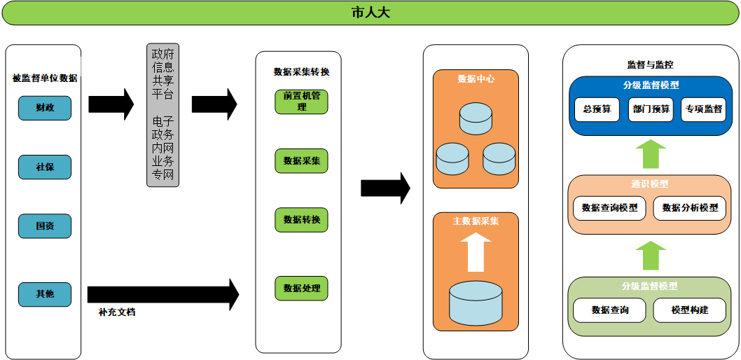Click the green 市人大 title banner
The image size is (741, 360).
tap(370, 13)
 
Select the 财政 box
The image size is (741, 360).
tap(45, 108)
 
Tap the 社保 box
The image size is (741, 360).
tap(45, 167)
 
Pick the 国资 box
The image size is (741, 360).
tap(45, 226)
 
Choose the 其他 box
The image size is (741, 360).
tap(45, 294)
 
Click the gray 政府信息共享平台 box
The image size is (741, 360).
tap(162, 116)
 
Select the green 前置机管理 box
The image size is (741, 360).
tap(301, 102)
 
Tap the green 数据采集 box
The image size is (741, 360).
tap(301, 160)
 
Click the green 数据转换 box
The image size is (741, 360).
tap(301, 220)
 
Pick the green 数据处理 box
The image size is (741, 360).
tap(301, 288)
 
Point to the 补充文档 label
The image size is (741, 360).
tap(117, 312)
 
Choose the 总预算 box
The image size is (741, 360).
tap(597, 109)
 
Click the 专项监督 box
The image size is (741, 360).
tap(703, 109)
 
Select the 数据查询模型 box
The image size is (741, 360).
tap(609, 208)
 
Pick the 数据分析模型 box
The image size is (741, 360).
tap(689, 208)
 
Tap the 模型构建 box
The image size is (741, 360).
tap(689, 310)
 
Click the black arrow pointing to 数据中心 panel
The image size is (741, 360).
tap(386, 188)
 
